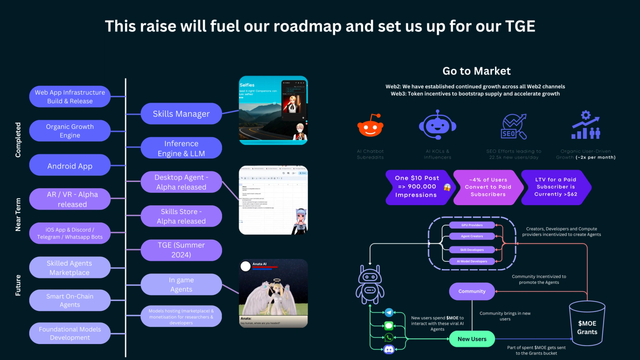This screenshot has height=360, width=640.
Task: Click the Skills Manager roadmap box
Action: pyautogui.click(x=181, y=114)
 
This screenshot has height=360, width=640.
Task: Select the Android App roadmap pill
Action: pyautogui.click(x=70, y=165)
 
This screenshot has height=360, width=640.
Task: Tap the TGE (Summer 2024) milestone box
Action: pyautogui.click(x=181, y=250)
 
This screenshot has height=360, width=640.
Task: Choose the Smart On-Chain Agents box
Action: pyautogui.click(x=70, y=300)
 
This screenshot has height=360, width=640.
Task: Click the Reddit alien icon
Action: pyautogui.click(x=370, y=126)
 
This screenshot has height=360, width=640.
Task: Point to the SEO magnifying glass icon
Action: pyautogui.click(x=514, y=126)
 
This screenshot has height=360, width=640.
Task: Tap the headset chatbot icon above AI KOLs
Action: pyautogui.click(x=437, y=125)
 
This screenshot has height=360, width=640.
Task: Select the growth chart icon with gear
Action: pyautogui.click(x=585, y=125)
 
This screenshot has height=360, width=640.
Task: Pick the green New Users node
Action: pyautogui.click(x=472, y=339)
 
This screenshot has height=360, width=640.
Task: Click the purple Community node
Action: pyautogui.click(x=472, y=291)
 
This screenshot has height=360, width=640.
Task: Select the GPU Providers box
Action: pyautogui.click(x=472, y=225)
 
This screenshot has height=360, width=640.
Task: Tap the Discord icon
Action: pyautogui.click(x=389, y=349)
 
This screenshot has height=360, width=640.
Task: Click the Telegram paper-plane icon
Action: pyautogui.click(x=389, y=312)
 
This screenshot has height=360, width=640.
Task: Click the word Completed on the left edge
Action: pyautogui.click(x=18, y=139)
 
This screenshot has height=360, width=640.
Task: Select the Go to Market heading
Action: pyautogui.click(x=476, y=71)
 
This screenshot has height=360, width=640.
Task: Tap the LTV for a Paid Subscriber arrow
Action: pyautogui.click(x=556, y=187)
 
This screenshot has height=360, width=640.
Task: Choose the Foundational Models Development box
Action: pyautogui.click(x=70, y=333)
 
